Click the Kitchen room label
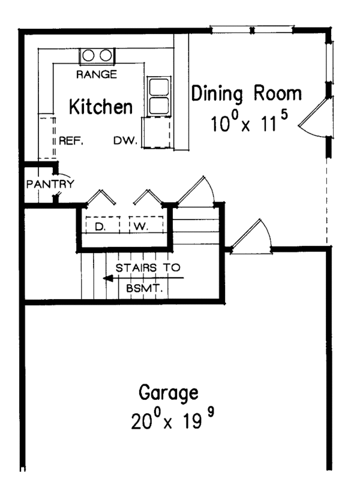pos(101,107)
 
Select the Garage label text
pos(168,393)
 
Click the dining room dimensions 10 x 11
pos(245,124)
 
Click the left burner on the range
pos(89,56)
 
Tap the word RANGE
pos(97,74)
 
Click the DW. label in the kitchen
pos(126,141)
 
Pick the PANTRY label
pos(50,184)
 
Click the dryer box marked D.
pos(100,225)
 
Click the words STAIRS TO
pos(148,267)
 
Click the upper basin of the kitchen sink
pos(158,86)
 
